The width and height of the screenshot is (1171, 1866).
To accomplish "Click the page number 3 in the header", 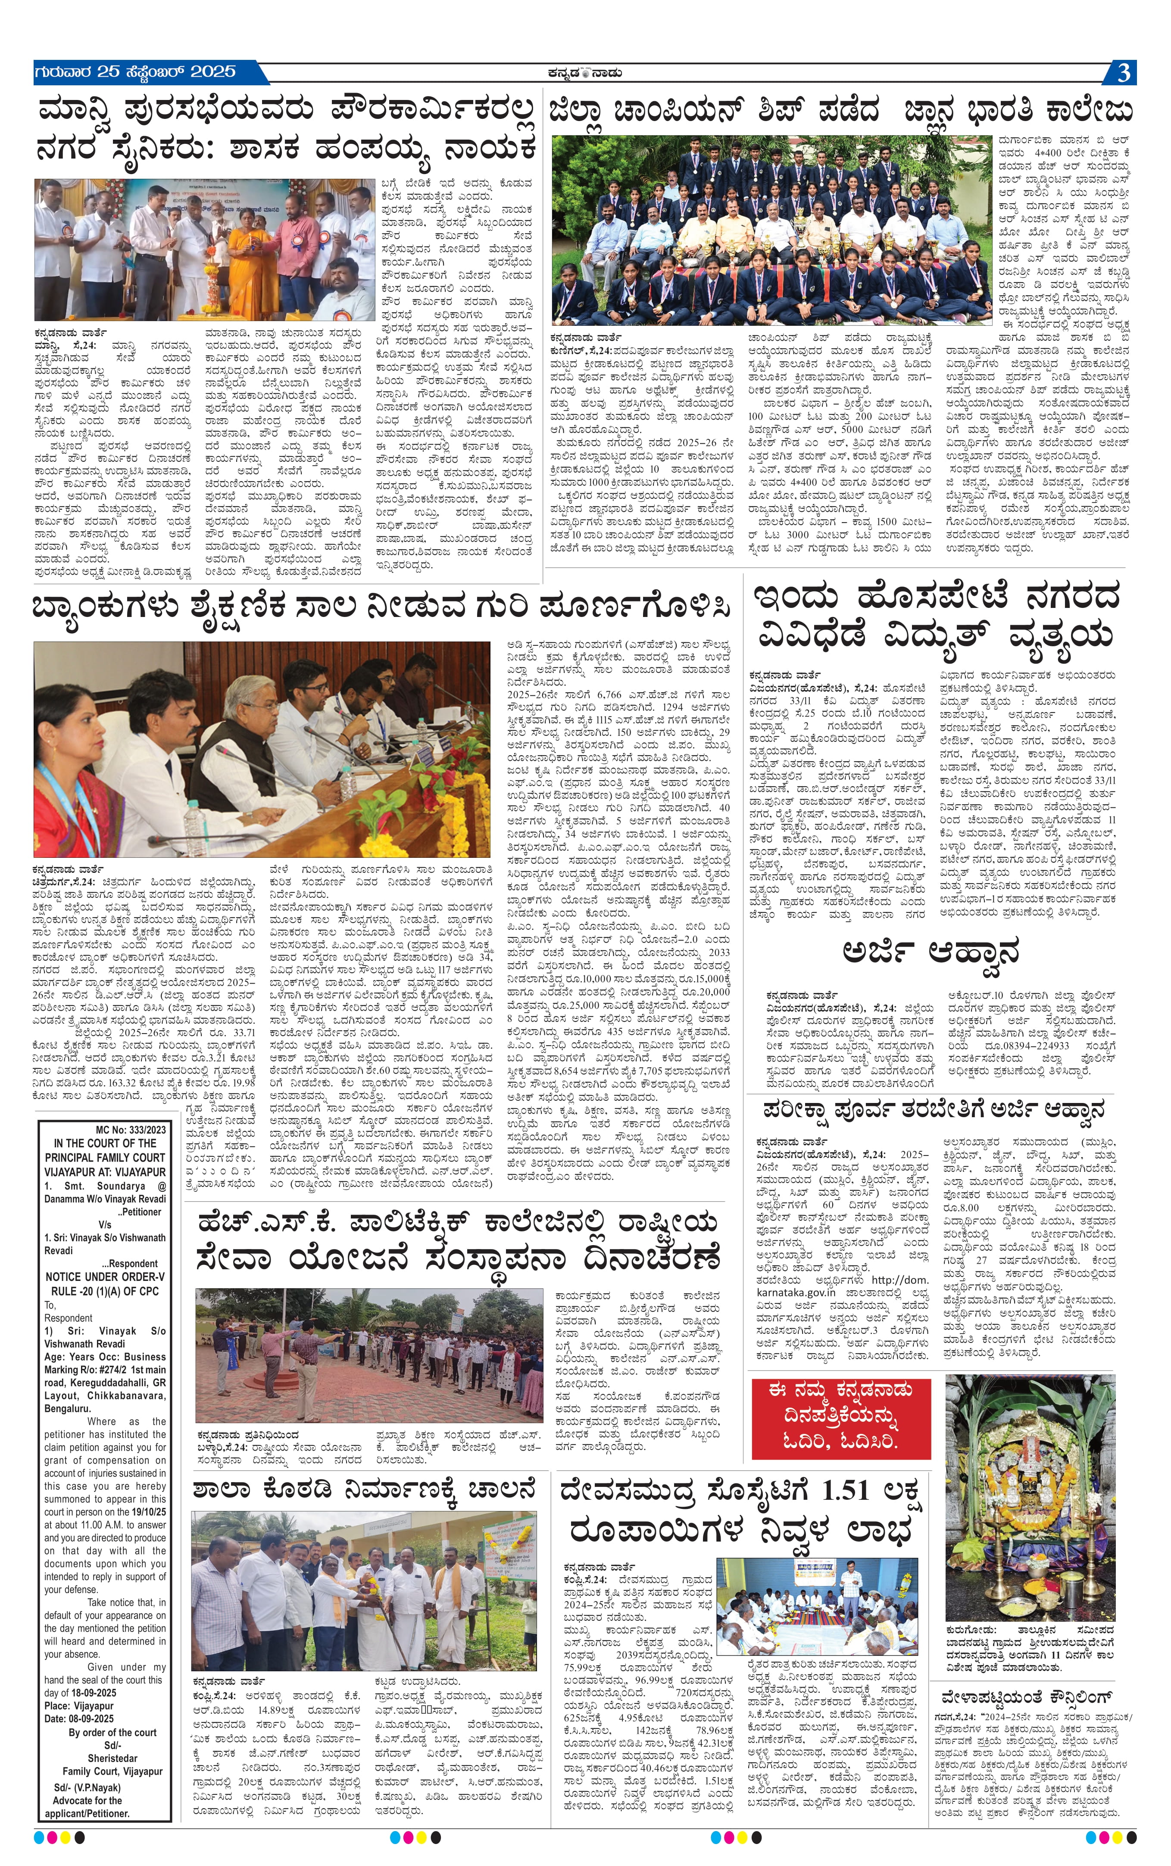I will pos(1123,73).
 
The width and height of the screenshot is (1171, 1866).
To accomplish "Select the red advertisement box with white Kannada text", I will pos(840,1418).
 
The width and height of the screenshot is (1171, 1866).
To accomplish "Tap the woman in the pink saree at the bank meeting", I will pos(70,759).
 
